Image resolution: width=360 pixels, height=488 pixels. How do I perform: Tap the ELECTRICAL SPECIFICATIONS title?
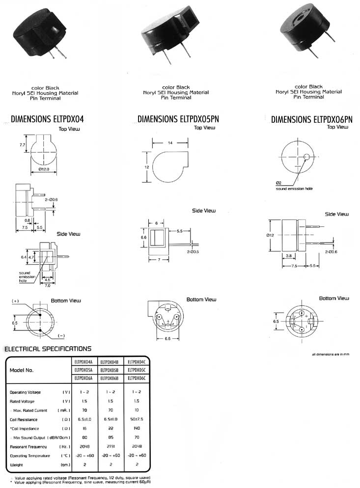tap(48, 349)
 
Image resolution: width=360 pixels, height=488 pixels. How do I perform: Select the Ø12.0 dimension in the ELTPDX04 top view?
tap(44, 170)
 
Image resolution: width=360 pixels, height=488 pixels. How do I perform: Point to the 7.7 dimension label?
tap(22, 145)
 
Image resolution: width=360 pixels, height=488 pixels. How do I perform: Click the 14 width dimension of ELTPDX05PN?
tap(170, 143)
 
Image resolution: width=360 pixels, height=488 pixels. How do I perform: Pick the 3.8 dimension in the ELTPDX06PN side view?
tap(288, 256)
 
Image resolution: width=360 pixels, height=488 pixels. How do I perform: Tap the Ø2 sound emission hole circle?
tap(306, 157)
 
